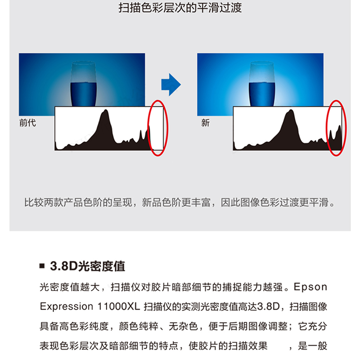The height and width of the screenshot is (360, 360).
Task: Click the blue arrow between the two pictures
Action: (x=171, y=85)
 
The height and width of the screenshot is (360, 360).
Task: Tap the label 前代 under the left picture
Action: (x=27, y=123)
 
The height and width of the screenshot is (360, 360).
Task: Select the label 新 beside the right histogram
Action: (x=206, y=123)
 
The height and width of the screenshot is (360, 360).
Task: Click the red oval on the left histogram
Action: (x=158, y=128)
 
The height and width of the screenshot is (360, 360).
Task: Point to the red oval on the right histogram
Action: (x=336, y=128)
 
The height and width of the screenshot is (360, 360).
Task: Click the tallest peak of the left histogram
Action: (x=106, y=110)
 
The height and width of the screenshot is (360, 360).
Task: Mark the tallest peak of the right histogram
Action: (x=291, y=110)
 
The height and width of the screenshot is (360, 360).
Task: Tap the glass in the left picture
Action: (x=83, y=84)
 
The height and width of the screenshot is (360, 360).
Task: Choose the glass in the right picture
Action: (x=262, y=84)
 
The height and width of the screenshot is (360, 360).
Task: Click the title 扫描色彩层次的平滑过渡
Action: (x=180, y=8)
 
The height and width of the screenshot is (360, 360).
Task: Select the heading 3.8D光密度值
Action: (x=87, y=266)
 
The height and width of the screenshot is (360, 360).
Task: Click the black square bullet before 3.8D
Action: (x=42, y=266)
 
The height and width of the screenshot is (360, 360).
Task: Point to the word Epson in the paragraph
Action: (x=310, y=287)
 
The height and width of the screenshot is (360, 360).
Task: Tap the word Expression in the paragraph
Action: (x=66, y=307)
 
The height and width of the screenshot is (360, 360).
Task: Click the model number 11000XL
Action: (x=119, y=306)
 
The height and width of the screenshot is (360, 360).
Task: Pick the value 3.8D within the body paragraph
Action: (x=268, y=306)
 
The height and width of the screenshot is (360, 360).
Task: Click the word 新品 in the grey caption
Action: (x=152, y=202)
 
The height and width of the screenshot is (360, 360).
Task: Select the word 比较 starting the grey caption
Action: (x=34, y=202)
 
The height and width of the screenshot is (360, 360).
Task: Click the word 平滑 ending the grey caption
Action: (x=319, y=202)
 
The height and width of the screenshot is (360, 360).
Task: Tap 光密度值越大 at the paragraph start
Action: (x=70, y=287)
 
